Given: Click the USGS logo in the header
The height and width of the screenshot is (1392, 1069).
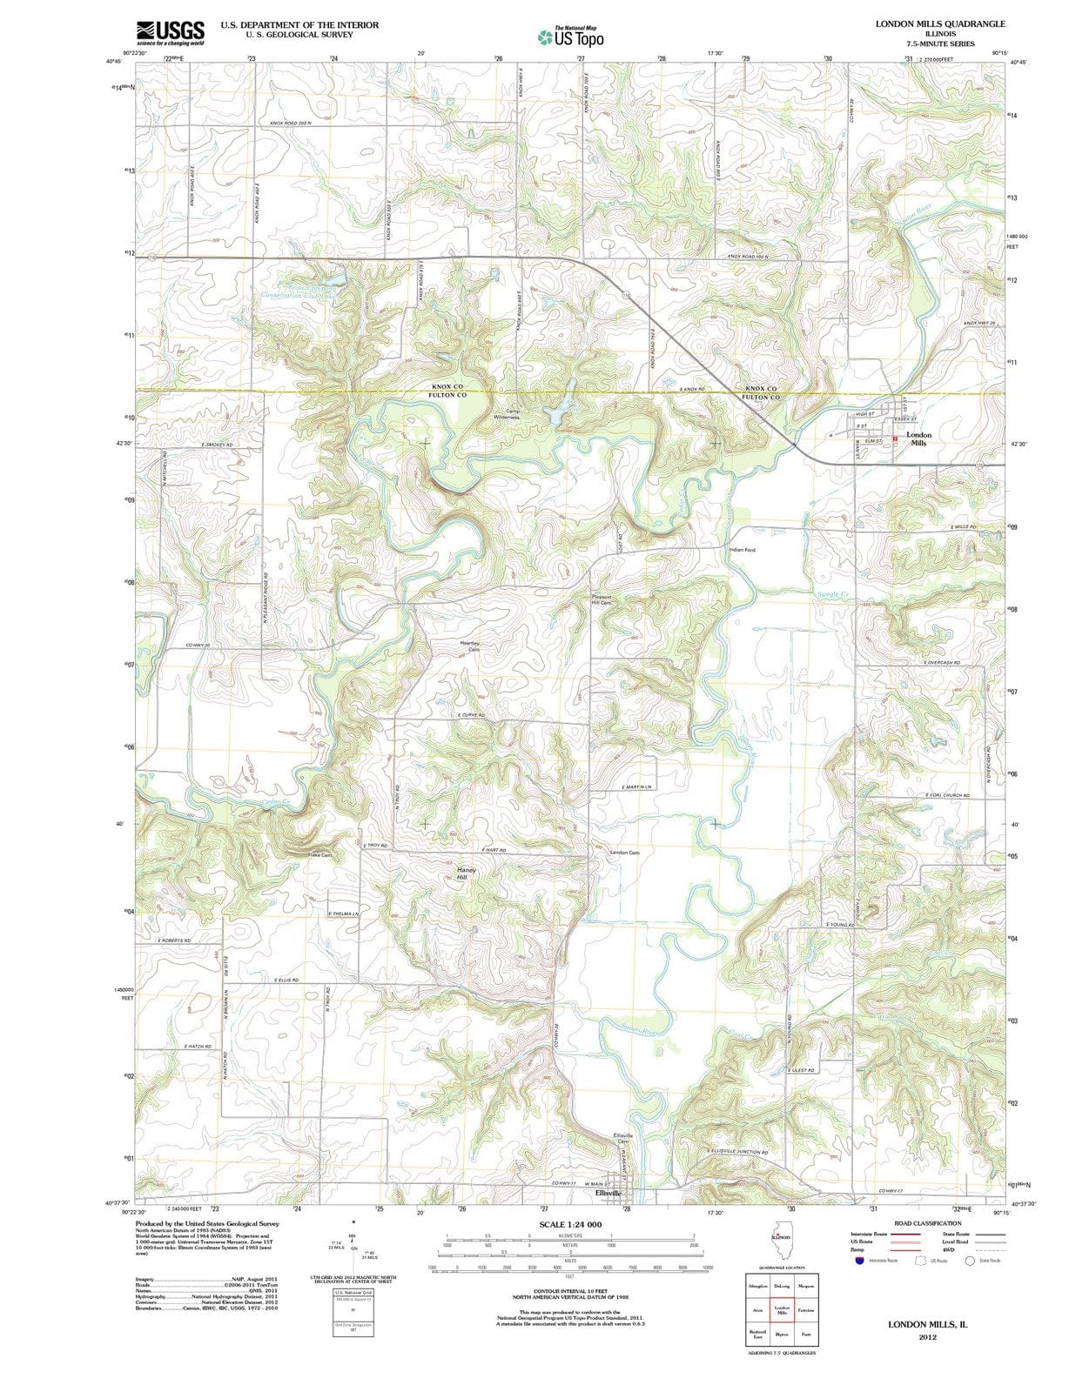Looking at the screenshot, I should (x=170, y=32).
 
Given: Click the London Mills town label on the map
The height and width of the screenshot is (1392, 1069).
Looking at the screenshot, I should (x=918, y=438).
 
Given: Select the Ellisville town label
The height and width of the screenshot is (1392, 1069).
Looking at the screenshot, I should (x=607, y=1193).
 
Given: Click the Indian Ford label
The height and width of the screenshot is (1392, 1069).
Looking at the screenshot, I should (x=742, y=550).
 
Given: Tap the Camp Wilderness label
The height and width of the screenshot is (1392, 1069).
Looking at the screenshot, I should (x=506, y=414).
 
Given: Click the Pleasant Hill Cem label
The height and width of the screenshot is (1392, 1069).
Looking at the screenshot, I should (x=602, y=599).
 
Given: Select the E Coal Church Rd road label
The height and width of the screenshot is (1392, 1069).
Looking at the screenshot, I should (x=946, y=794).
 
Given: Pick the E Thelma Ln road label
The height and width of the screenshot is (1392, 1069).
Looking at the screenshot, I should (x=344, y=913).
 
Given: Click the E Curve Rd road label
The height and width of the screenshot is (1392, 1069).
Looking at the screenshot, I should (x=471, y=714).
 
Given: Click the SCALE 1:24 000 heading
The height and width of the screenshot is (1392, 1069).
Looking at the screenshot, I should (x=570, y=1224).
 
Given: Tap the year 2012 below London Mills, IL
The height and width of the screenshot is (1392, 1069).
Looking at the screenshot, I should (x=927, y=1337).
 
